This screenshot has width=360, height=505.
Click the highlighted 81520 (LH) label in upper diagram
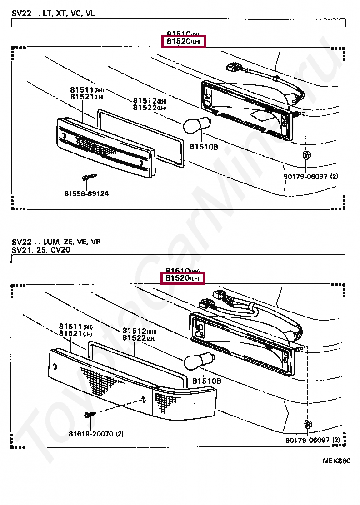tap(184, 41)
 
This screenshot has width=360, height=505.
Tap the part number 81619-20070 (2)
tap(96, 434)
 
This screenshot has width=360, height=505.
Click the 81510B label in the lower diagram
tap(207, 381)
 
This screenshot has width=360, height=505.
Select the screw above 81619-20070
tap(89, 414)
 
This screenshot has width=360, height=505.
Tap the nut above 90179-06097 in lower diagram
tap(307, 425)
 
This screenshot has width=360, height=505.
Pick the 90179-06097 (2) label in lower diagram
tap(313, 440)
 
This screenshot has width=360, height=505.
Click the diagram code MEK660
tap(337, 460)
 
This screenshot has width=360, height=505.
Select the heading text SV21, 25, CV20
tap(41, 250)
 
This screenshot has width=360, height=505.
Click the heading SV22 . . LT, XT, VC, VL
tap(54, 14)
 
